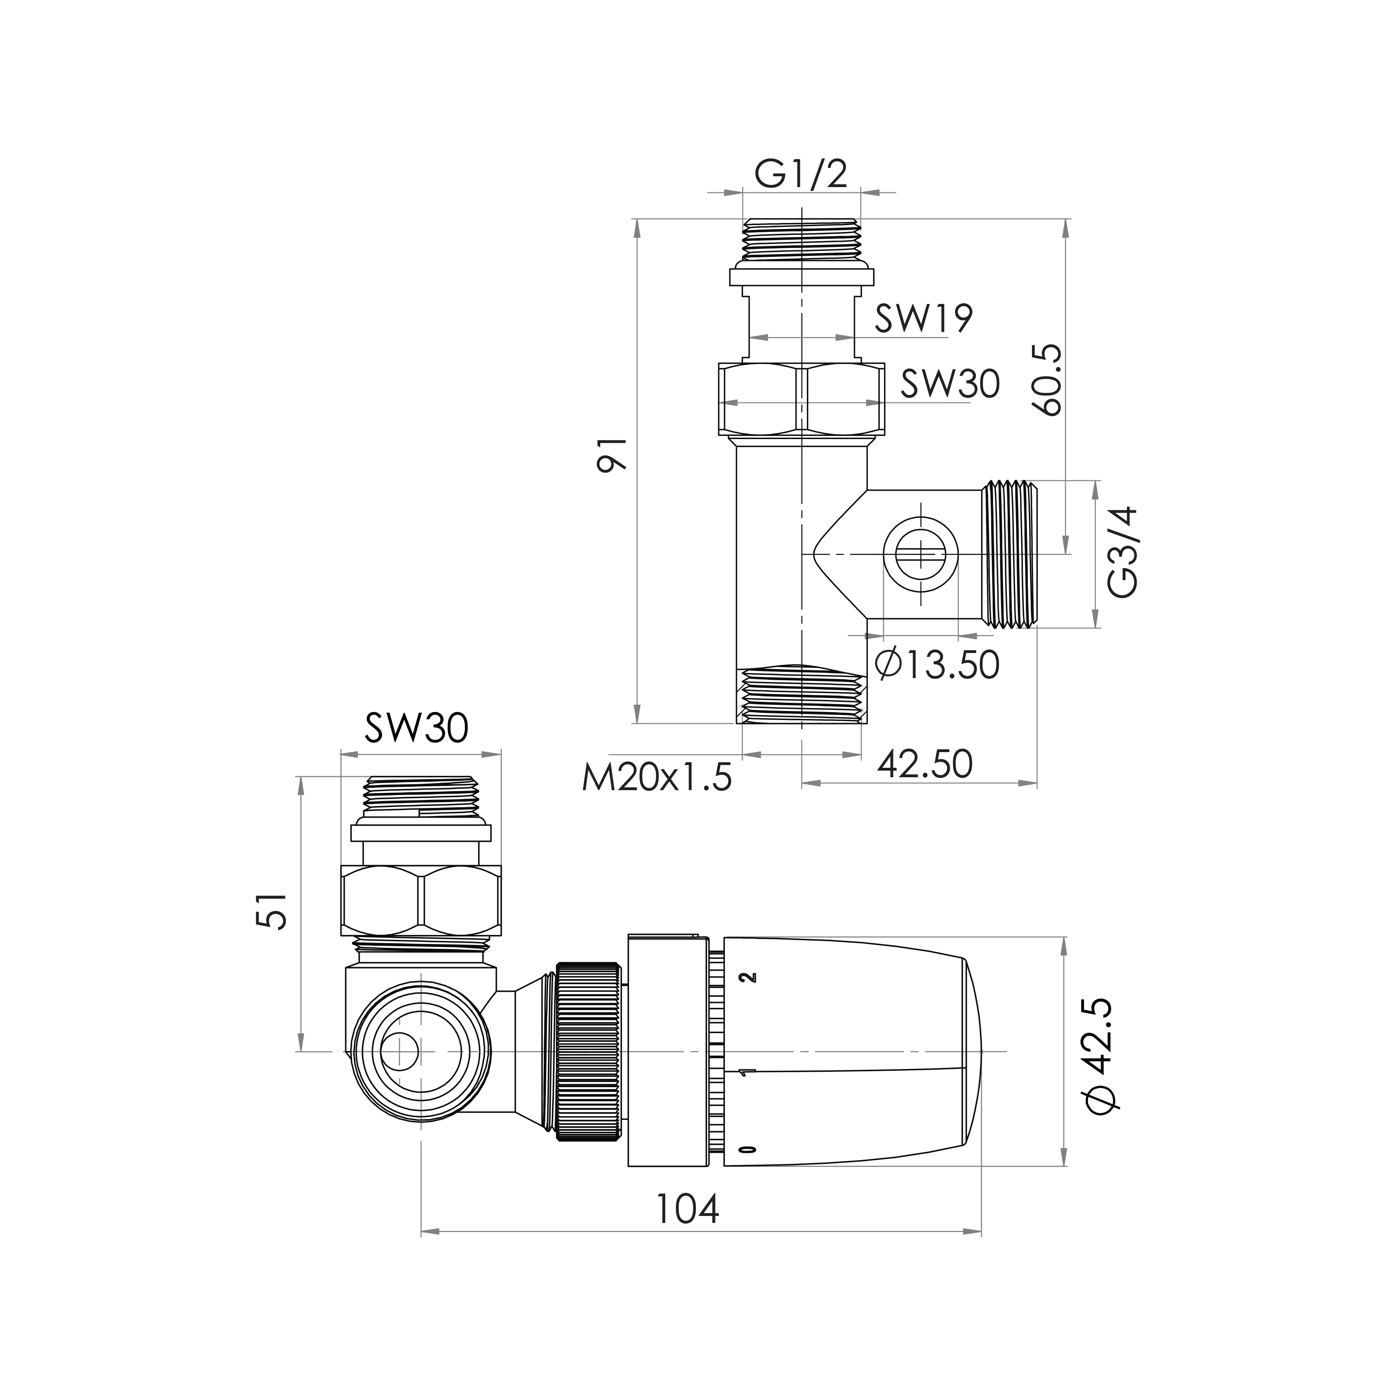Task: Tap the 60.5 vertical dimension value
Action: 1048,379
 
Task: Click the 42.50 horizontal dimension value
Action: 925,764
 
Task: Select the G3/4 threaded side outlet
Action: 1009,554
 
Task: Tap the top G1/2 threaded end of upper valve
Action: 802,240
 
